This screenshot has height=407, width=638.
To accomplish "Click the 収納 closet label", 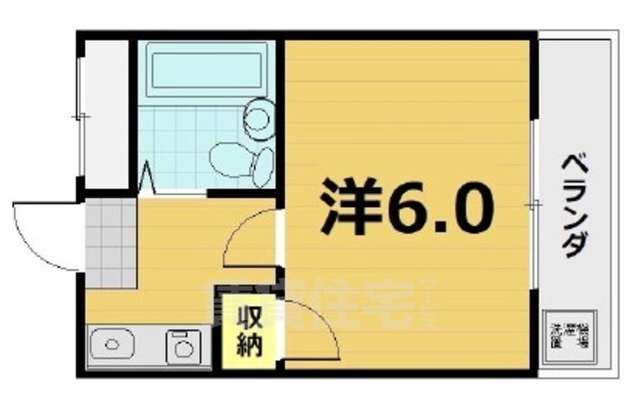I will click(249, 333).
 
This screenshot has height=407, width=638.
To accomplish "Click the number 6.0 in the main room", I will click(440, 206).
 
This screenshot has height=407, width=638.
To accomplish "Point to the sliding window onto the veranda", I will click(535, 204).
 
